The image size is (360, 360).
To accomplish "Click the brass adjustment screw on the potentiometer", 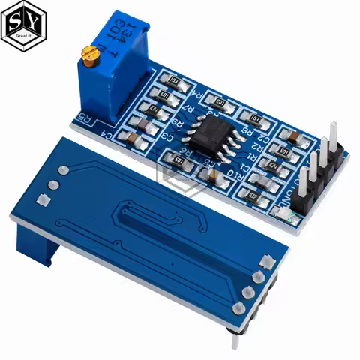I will [x=91, y=52].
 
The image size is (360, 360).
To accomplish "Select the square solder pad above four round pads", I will [x=265, y=261].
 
